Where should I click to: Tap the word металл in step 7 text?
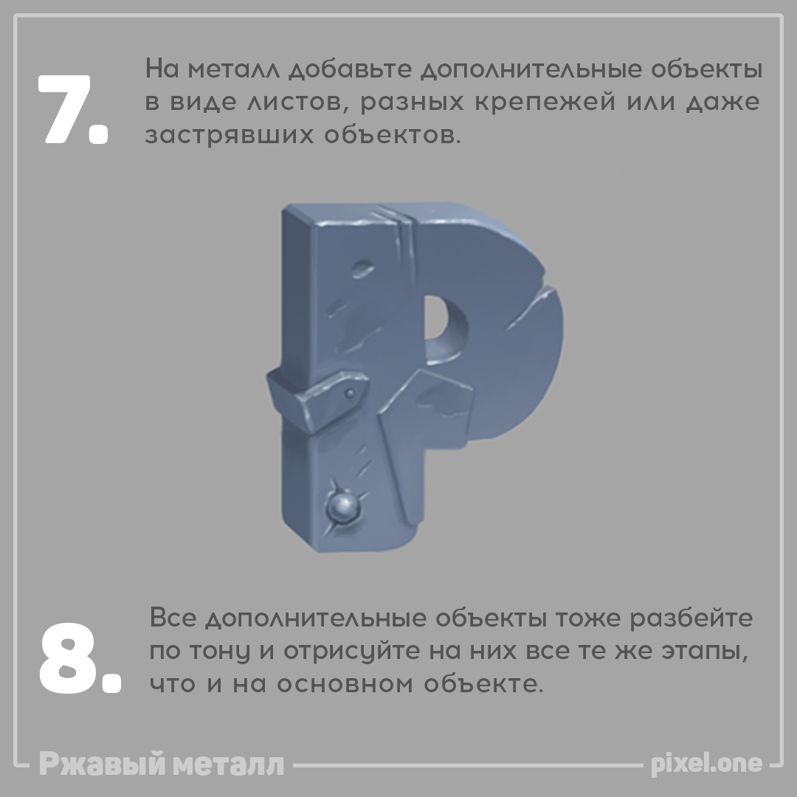234,69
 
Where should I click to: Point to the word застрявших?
230,135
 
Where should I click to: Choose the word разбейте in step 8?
691,618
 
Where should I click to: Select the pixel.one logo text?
706,764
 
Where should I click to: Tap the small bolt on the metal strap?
350,393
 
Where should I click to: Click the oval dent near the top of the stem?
362,268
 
